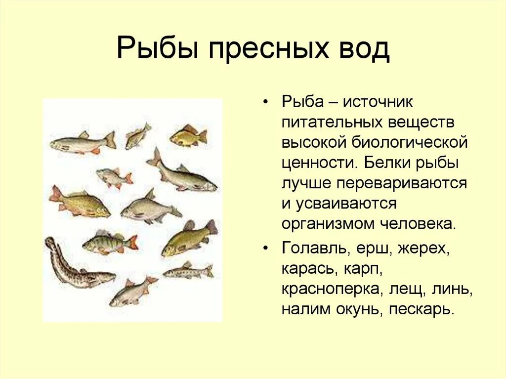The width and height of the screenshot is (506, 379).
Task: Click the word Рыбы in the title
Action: coord(157,49)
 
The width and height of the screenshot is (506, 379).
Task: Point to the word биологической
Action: coord(410,142)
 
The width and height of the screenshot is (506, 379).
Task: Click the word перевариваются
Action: coord(402,183)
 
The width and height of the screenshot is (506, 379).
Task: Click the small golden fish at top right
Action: coord(188,136)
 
